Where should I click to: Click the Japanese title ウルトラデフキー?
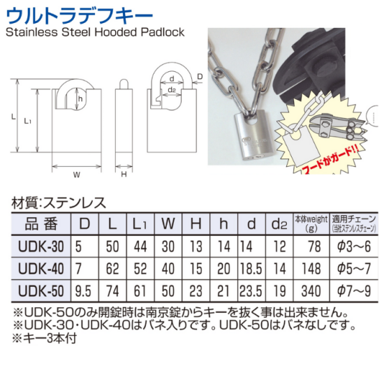[79, 16]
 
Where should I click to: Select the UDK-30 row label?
[41, 246]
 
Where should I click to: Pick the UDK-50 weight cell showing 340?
[311, 291]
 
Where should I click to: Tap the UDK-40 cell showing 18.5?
[251, 269]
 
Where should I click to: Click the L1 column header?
[140, 224]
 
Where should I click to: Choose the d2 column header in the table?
[279, 224]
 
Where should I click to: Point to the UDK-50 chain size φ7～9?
[354, 291]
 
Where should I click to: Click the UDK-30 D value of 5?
[78, 246]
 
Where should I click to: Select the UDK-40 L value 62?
[112, 269]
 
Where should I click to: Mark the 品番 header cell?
[41, 224]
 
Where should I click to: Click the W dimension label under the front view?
[77, 175]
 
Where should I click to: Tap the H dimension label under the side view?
[124, 175]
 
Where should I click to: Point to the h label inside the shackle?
[80, 99]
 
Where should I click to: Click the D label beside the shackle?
[200, 77]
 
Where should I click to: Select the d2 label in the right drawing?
[172, 90]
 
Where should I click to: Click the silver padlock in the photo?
[255, 137]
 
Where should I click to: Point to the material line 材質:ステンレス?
[59, 203]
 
